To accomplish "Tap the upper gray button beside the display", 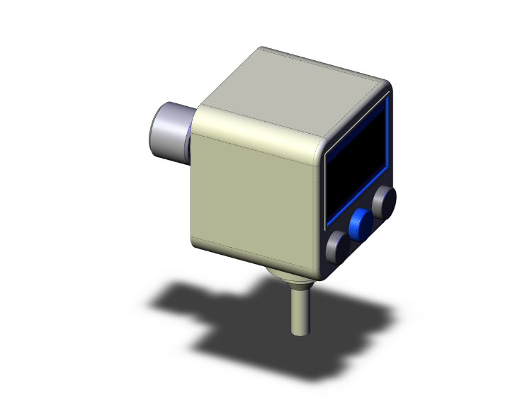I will (x=385, y=201).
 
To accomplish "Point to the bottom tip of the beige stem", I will (x=297, y=331).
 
